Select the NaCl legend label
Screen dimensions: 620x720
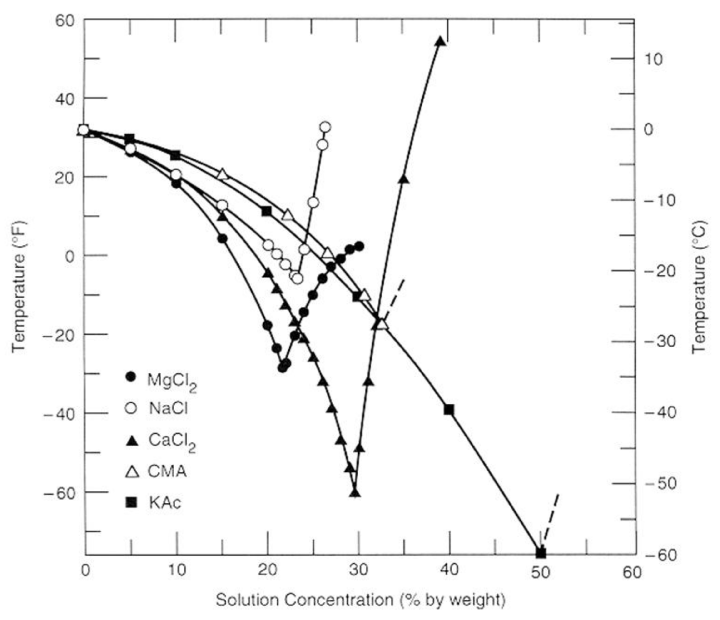168,408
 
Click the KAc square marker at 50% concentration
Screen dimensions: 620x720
541,553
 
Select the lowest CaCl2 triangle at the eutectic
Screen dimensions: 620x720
354,493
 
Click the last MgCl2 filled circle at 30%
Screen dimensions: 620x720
359,246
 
